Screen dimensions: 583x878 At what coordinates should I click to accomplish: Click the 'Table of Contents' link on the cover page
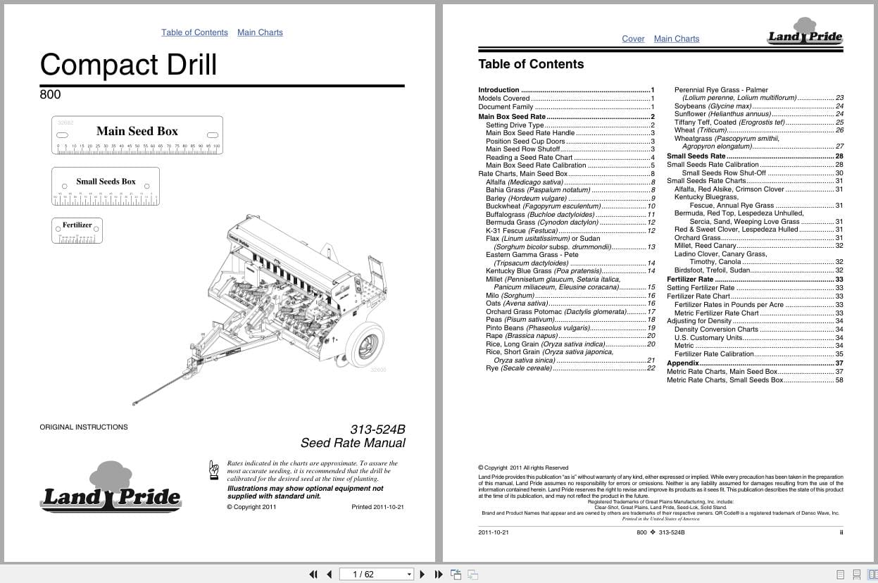click(194, 32)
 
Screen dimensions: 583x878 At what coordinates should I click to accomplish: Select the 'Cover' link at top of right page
click(633, 39)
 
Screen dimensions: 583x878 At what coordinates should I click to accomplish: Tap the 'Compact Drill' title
click(128, 64)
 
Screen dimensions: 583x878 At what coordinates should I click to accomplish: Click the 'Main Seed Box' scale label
click(137, 131)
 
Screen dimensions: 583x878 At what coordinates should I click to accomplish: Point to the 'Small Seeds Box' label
click(106, 182)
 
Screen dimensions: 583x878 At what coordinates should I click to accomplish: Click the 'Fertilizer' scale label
click(77, 225)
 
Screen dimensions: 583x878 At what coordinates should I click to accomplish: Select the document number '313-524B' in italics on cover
click(377, 429)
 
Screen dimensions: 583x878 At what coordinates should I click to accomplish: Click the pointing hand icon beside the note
click(214, 470)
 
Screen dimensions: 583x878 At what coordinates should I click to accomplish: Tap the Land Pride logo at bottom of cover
click(111, 489)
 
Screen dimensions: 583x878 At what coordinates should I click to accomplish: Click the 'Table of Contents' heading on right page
click(531, 64)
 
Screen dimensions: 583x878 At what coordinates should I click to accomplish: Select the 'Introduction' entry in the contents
click(498, 90)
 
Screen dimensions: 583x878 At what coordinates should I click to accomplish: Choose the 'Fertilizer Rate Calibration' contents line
click(714, 354)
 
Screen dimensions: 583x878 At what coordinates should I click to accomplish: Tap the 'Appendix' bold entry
click(682, 363)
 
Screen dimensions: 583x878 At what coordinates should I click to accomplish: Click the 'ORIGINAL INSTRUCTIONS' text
click(84, 427)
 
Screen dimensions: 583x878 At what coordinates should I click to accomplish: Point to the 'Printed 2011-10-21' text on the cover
click(377, 507)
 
